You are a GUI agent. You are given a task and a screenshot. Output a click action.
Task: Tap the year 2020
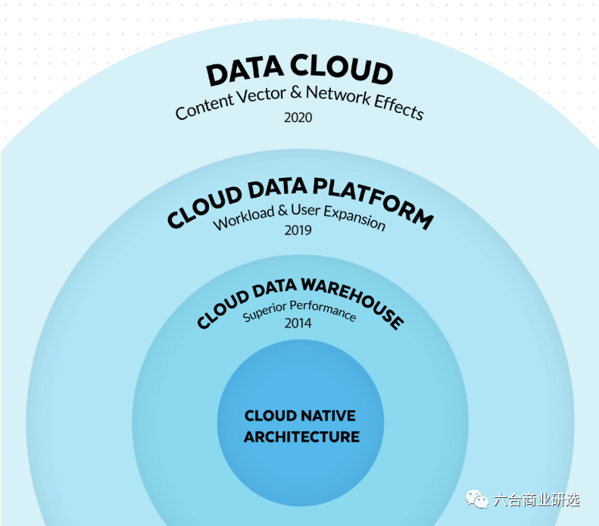pyautogui.click(x=298, y=117)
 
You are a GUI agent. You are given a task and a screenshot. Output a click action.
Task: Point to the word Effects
pyautogui.click(x=398, y=108)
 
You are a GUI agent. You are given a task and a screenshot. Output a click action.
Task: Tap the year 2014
pyautogui.click(x=298, y=323)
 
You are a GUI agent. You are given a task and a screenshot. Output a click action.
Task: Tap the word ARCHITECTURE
pyautogui.click(x=301, y=437)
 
